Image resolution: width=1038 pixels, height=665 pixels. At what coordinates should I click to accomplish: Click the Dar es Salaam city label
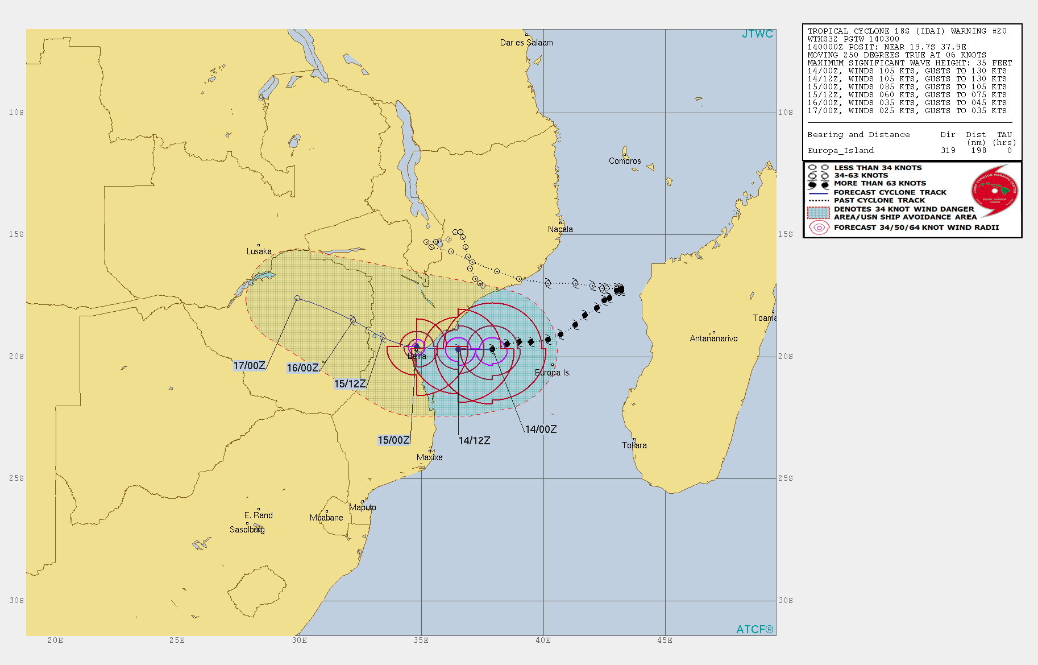526,43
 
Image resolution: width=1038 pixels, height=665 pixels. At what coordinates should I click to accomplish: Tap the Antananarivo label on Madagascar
713,338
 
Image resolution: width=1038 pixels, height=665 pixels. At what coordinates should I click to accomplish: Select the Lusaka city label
259,251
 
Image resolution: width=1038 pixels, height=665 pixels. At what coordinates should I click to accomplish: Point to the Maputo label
362,507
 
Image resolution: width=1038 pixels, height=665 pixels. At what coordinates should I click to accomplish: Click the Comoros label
625,161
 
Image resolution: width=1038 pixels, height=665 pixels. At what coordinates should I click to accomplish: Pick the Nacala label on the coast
560,229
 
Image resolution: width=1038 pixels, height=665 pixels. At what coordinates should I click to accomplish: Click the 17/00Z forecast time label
249,366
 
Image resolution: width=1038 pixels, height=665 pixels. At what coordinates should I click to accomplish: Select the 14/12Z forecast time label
474,440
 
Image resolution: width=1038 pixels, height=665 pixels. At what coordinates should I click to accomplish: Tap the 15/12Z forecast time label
350,384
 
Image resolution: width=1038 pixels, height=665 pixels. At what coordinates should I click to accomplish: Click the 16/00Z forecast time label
302,368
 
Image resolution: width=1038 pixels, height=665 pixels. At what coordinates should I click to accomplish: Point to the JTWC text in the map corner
757,34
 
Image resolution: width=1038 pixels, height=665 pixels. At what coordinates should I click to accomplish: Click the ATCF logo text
754,629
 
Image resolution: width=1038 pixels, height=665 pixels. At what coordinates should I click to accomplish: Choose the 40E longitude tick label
543,641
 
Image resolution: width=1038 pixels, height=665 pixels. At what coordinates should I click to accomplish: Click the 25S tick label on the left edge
16,478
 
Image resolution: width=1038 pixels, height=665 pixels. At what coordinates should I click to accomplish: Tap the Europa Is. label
553,373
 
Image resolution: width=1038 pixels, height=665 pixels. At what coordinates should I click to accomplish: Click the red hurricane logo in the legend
995,191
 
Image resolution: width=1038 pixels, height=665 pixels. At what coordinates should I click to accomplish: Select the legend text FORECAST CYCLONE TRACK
890,192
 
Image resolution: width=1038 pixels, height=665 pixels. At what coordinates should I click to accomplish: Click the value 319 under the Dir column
948,151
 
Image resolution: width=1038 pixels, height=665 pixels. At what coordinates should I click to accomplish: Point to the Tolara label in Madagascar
634,445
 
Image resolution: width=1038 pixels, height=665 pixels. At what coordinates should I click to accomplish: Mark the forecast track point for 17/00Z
297,298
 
